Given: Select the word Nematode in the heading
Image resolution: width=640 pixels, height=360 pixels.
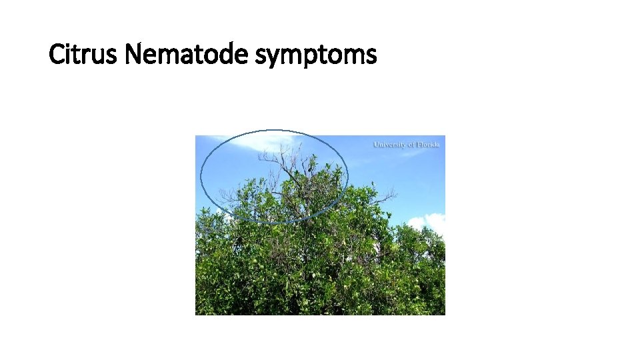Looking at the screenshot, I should (x=187, y=54).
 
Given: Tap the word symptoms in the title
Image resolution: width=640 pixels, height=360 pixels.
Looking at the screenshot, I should (x=316, y=55).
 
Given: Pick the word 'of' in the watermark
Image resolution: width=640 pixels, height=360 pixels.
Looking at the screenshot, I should (x=413, y=144).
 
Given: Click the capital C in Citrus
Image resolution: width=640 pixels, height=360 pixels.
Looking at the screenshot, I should (x=57, y=54).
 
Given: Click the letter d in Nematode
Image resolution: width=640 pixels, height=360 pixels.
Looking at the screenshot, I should (x=224, y=54).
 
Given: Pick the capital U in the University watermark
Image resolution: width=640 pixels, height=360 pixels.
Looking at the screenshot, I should (x=376, y=144).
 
